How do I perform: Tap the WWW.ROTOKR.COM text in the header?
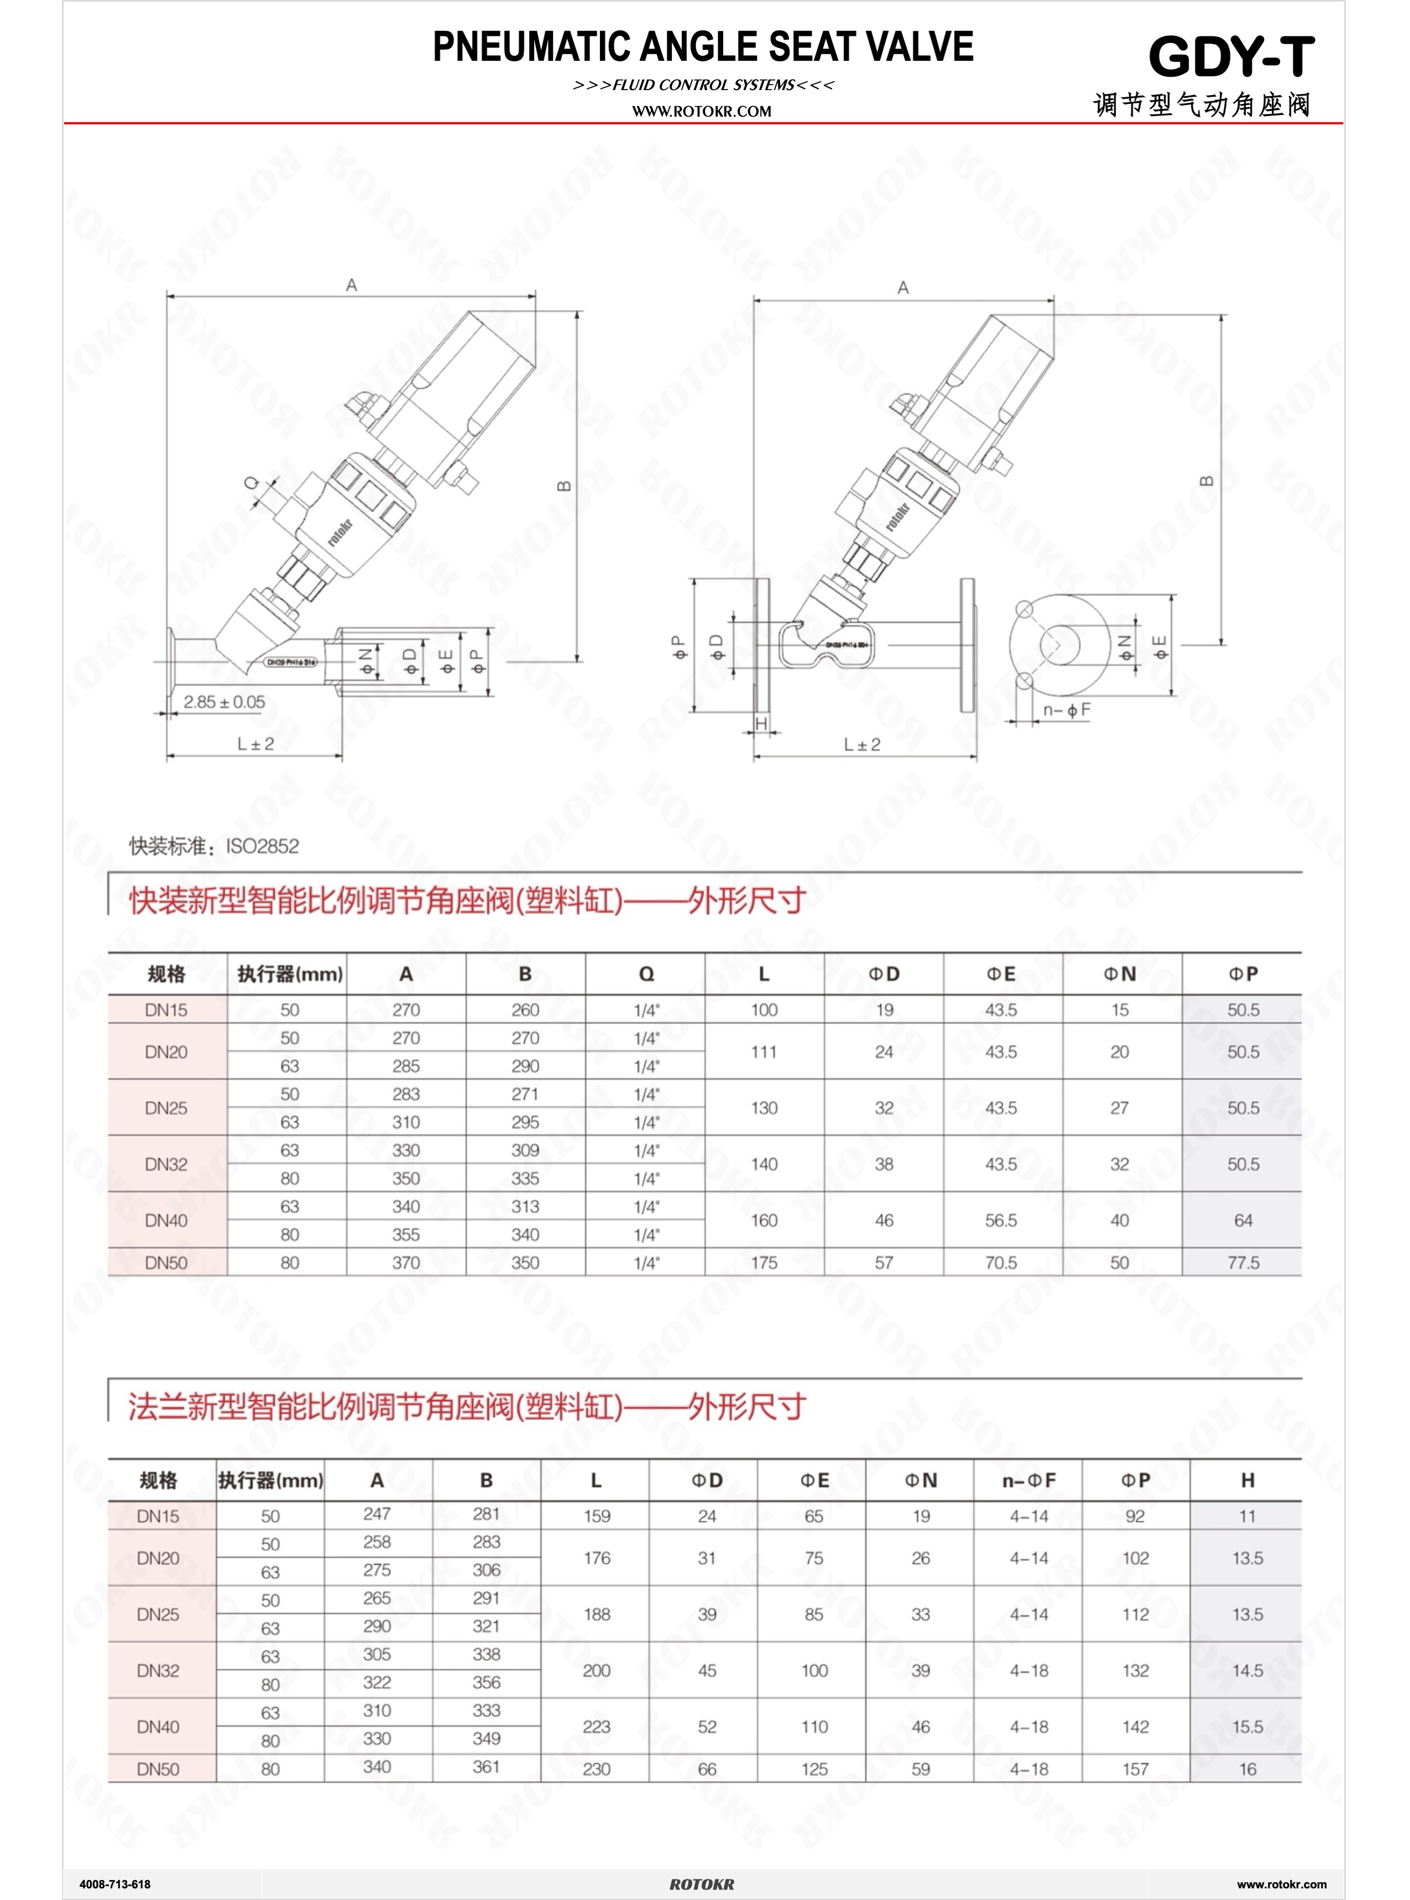tap(702, 111)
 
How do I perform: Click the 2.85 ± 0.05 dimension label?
tap(224, 702)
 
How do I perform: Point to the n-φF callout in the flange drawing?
tap(1066, 710)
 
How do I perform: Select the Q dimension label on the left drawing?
tap(252, 483)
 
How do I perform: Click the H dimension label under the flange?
tap(762, 724)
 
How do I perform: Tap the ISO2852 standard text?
tap(262, 846)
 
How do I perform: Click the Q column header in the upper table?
tap(646, 974)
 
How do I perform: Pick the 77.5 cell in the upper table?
tap(1242, 1263)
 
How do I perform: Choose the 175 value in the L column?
tap(764, 1263)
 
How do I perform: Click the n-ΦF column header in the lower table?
tap(1028, 1480)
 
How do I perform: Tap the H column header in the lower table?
tap(1247, 1480)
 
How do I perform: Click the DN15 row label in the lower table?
tap(158, 1516)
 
